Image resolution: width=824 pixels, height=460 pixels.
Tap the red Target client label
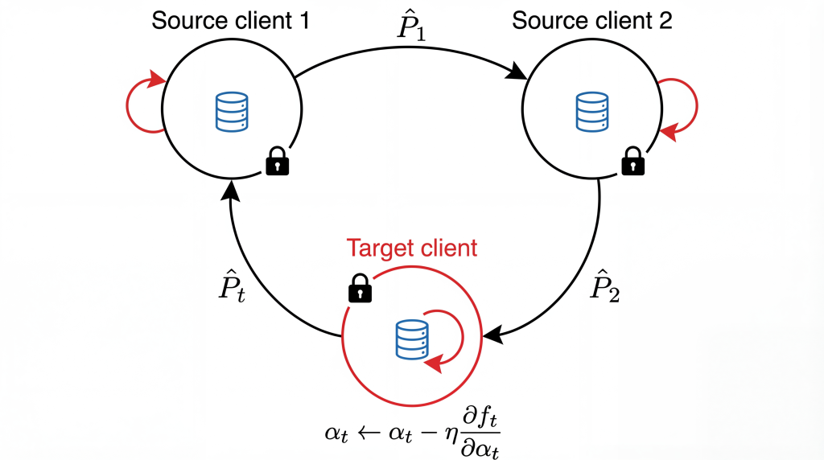coord(411,248)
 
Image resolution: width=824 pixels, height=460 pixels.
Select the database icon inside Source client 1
coord(233,113)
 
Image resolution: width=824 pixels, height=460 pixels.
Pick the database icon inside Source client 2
coord(593,113)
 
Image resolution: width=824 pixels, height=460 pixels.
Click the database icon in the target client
coord(412,340)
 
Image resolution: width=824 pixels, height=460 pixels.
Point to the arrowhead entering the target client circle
coord(491,331)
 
